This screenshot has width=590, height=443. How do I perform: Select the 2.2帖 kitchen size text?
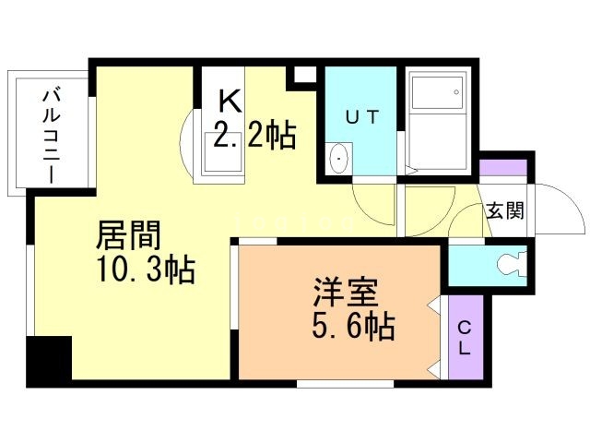click(x=254, y=138)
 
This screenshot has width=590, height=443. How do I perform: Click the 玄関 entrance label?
click(x=505, y=210)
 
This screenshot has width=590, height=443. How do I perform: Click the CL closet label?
click(x=465, y=338)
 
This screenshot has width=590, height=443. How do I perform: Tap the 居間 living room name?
click(x=128, y=236)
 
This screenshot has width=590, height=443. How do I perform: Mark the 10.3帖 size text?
click(x=146, y=270)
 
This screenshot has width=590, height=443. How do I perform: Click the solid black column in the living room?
click(x=49, y=361)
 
